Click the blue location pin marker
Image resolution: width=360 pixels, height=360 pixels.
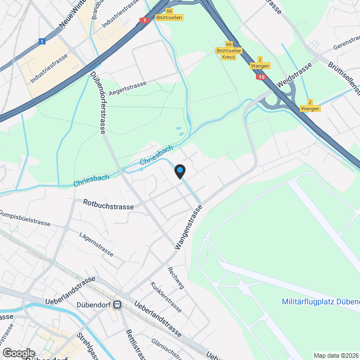179,171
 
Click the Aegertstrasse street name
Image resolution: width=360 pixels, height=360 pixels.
128,88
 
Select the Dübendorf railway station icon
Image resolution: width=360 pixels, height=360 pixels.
118,305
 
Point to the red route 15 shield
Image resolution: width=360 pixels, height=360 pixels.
260,76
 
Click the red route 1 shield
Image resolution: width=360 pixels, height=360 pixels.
144,21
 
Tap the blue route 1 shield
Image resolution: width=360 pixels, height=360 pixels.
42,41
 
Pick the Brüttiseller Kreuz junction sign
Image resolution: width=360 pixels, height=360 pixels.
228,51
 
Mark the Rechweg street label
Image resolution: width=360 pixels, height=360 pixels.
176,277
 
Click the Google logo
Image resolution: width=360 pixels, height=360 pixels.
18,353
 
